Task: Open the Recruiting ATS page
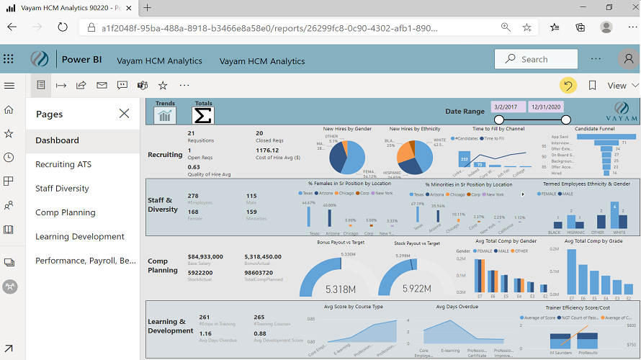[64, 164]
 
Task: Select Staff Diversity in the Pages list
[62, 188]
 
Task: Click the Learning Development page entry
[80, 236]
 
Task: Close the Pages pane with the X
[124, 114]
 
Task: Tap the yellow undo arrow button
[568, 85]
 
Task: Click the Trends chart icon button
[165, 115]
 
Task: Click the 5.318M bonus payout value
[340, 289]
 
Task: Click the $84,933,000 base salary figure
[210, 256]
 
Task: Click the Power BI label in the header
[81, 60]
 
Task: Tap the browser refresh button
[63, 27]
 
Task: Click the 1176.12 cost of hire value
[266, 150]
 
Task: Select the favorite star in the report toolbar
[163, 85]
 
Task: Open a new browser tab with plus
[147, 7]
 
